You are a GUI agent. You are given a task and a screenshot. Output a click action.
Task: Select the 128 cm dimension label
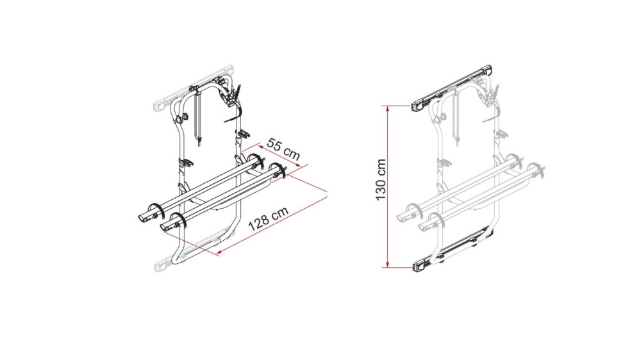pos(267,218)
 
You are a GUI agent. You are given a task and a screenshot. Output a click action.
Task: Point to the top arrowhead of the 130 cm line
pos(388,108)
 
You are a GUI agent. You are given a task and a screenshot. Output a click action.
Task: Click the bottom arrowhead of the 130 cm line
pos(388,265)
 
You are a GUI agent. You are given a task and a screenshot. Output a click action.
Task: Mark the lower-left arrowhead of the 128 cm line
pos(220,254)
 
